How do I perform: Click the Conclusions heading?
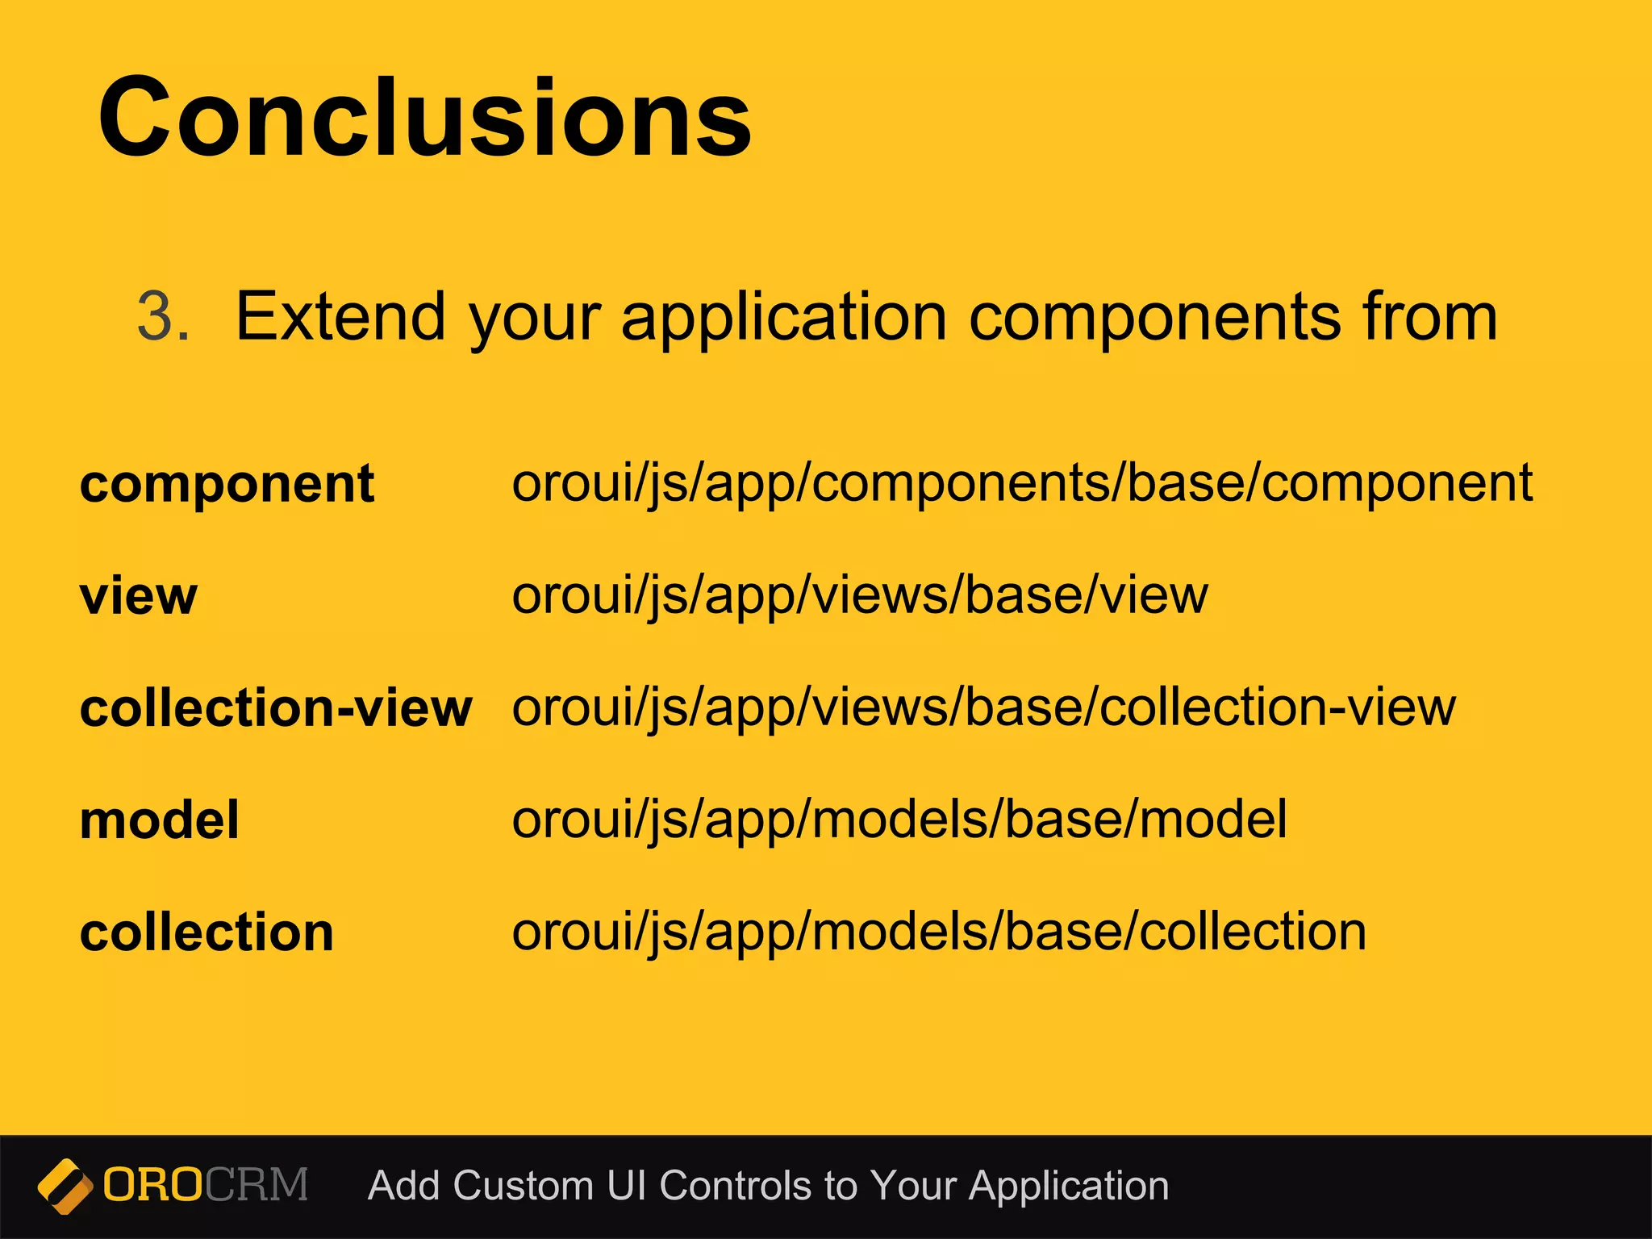(425, 117)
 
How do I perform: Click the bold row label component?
(227, 485)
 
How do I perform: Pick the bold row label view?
(138, 596)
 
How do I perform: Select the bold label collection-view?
(276, 708)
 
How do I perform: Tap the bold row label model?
(160, 820)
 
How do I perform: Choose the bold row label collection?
(206, 932)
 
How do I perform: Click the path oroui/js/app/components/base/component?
(1022, 484)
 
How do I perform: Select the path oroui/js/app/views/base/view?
(860, 596)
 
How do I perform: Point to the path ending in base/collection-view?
(984, 708)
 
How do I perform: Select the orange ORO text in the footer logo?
(152, 1185)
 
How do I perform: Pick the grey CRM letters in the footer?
(257, 1185)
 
